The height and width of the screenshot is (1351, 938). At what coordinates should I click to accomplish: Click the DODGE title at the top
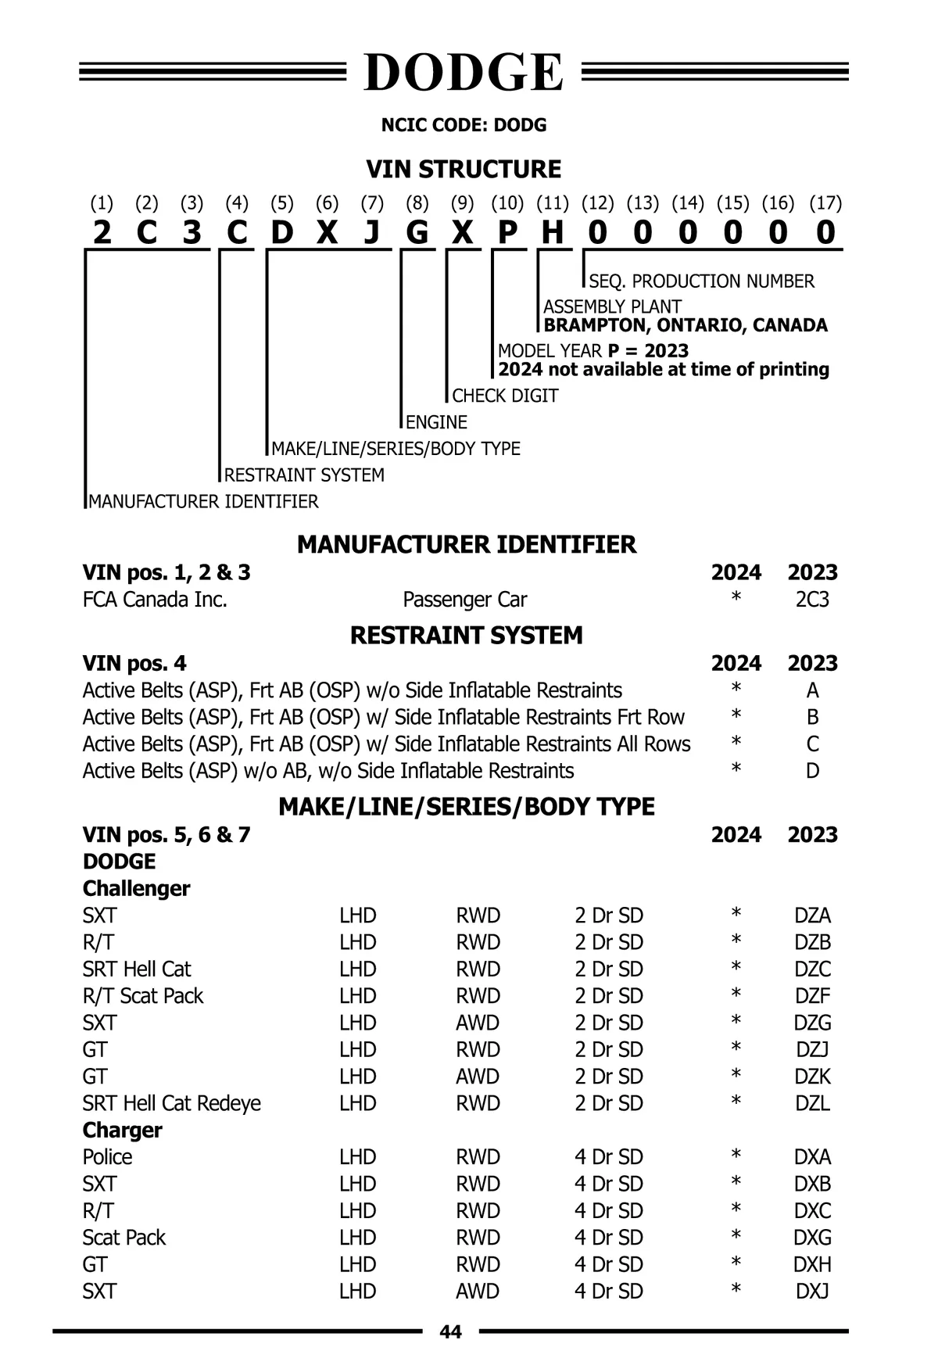[464, 73]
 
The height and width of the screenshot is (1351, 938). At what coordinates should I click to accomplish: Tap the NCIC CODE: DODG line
[464, 125]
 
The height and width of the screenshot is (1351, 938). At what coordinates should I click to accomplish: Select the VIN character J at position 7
[372, 232]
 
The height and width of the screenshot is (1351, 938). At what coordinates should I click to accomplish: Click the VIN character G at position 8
[417, 232]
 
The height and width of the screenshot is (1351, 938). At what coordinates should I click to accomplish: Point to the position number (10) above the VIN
[507, 203]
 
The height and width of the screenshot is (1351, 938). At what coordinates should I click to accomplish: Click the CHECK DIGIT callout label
[505, 396]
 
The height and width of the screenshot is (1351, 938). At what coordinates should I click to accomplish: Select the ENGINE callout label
[436, 422]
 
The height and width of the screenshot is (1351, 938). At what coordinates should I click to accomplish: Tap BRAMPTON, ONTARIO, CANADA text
[686, 325]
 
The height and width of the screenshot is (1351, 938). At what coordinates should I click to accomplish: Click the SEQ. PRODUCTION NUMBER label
[701, 281]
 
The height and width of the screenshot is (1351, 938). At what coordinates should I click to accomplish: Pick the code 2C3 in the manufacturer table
[812, 600]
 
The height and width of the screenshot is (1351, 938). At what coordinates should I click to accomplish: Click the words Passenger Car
[464, 600]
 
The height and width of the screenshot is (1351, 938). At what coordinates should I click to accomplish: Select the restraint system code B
[813, 717]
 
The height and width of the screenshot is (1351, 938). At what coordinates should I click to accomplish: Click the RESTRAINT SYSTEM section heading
[467, 635]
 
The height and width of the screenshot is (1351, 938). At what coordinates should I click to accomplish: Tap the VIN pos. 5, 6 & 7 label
[166, 834]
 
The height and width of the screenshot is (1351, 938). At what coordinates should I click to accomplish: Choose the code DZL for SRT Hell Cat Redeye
[812, 1103]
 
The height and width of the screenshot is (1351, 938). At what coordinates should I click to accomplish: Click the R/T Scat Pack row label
[143, 996]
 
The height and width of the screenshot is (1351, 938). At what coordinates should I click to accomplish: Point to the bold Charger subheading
[123, 1130]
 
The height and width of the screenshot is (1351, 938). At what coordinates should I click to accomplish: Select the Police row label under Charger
[108, 1156]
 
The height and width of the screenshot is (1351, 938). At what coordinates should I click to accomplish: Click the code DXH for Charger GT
[812, 1264]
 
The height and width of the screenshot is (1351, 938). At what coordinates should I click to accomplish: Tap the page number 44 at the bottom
[451, 1331]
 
